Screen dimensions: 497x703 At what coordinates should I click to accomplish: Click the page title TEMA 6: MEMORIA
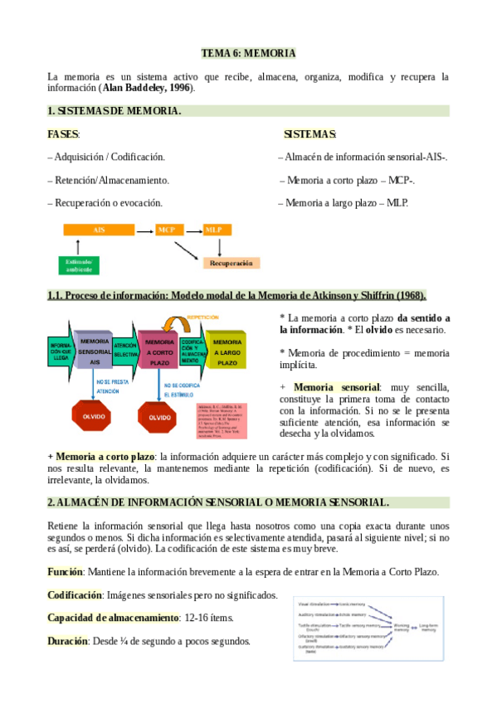pos(249,53)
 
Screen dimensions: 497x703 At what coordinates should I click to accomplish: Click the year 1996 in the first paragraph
pos(177,87)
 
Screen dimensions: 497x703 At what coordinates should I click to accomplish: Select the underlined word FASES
pos(63,134)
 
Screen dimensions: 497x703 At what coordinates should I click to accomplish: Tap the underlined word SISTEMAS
pos(309,134)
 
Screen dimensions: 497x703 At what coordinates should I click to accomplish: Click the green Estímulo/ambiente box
pos(80,265)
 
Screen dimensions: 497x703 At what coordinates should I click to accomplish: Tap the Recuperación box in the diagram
pos(231,263)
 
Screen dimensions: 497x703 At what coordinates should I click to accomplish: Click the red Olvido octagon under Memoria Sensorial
pos(93,417)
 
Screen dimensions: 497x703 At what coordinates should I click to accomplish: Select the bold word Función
pos(66,572)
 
